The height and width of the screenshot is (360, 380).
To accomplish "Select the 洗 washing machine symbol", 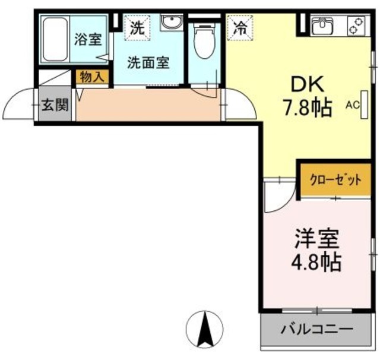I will pos(137,27).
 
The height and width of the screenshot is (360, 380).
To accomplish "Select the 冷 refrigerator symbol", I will pos(240,27).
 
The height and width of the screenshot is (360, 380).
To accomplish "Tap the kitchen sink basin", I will pos(323,26).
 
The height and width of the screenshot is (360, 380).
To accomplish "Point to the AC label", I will pos(353,105).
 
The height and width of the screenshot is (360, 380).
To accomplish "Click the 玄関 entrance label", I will pos(55,106).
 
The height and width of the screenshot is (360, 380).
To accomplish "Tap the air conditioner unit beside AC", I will pos(364,107).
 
